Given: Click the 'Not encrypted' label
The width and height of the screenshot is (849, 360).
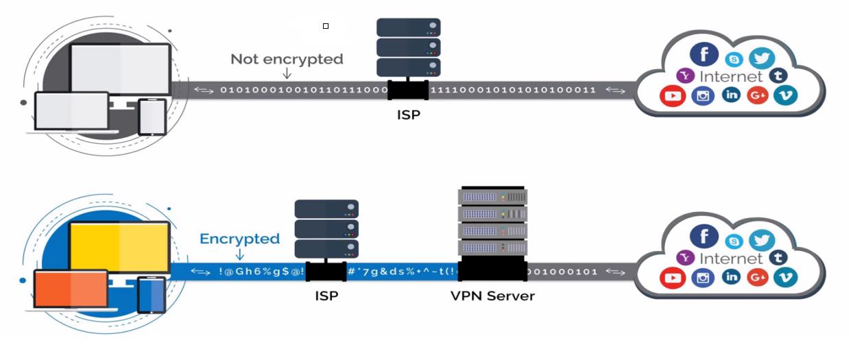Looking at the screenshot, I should click(x=287, y=59).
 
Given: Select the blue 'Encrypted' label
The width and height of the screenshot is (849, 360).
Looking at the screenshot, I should click(x=239, y=239).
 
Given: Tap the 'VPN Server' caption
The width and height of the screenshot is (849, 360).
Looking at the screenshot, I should click(x=492, y=296).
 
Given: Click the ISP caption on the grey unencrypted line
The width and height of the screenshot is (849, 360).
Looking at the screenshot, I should click(x=408, y=115).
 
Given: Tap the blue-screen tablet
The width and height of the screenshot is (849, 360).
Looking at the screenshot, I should click(x=152, y=295).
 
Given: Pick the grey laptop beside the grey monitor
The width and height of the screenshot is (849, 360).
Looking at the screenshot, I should click(x=71, y=111).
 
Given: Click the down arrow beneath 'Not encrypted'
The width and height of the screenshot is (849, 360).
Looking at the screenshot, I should click(x=287, y=73).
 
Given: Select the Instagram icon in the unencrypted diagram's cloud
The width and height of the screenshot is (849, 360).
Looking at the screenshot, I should click(x=703, y=96).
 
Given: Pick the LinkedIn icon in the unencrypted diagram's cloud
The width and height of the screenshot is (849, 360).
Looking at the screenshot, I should click(x=731, y=95).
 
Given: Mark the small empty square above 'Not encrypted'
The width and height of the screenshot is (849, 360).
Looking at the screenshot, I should click(x=326, y=26).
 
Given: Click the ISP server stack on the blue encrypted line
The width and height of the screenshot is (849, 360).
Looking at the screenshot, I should click(x=326, y=229).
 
